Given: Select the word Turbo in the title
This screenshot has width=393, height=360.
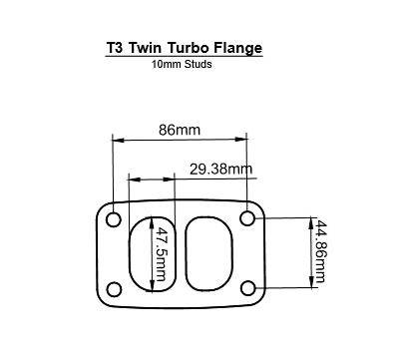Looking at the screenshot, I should tap(191, 48).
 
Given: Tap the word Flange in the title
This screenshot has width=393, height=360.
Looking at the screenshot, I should tap(240, 48).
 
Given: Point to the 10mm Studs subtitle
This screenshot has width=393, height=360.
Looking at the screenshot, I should tap(182, 65).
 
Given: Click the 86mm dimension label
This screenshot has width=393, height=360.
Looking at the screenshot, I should tap(180, 130).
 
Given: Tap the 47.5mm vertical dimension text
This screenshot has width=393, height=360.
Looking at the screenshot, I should tap(161, 253).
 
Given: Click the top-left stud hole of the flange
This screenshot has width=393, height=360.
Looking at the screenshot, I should tap(114, 217).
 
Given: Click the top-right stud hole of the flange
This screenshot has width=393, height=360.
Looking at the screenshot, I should tap(247, 217).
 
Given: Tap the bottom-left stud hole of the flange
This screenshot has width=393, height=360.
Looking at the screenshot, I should tap(114, 288).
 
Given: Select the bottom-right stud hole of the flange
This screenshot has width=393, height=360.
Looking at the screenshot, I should tap(247, 288).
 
